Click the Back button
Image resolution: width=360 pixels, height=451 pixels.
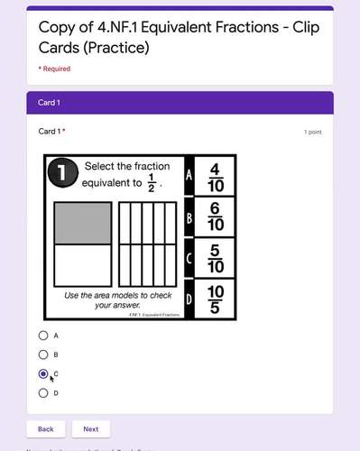(45, 429)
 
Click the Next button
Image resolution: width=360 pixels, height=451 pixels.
(91, 429)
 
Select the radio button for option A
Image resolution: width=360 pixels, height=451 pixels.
(43, 335)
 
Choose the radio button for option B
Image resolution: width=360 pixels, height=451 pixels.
(43, 354)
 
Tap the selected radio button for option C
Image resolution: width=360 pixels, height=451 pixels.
(43, 373)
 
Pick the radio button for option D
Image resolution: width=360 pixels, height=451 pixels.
(43, 392)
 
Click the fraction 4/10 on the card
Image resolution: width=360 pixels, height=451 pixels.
(215, 176)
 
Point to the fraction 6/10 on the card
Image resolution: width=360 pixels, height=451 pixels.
(215, 216)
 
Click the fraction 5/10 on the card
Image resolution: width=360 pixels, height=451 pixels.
(215, 257)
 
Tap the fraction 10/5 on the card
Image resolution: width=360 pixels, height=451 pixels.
(215, 299)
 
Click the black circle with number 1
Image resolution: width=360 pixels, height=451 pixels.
(61, 175)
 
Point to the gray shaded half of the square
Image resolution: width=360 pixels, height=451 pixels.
(82, 223)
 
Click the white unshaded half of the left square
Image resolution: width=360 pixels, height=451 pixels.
(82, 264)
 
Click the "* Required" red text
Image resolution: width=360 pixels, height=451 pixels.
(54, 69)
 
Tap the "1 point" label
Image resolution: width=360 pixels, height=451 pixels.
(313, 132)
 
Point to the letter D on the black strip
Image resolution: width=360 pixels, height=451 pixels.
(188, 299)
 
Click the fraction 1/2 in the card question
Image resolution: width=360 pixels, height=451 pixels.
(152, 185)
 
